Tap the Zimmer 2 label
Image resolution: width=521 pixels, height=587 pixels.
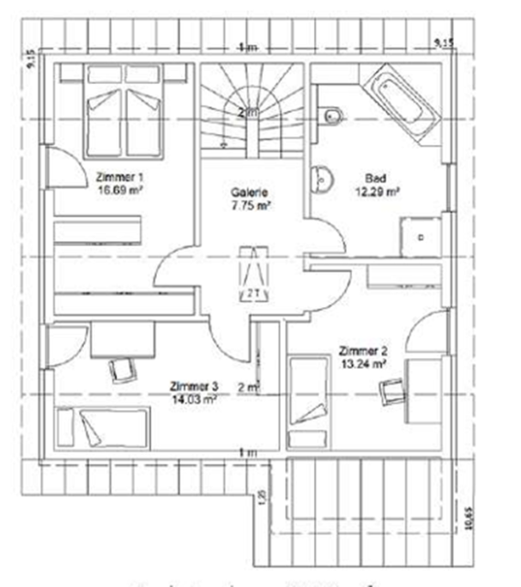coord(363,350)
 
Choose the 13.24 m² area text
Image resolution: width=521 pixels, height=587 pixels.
coord(363,363)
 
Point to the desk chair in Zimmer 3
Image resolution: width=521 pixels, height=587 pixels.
coord(121,369)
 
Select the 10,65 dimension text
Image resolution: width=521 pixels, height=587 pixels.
coord(469,518)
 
